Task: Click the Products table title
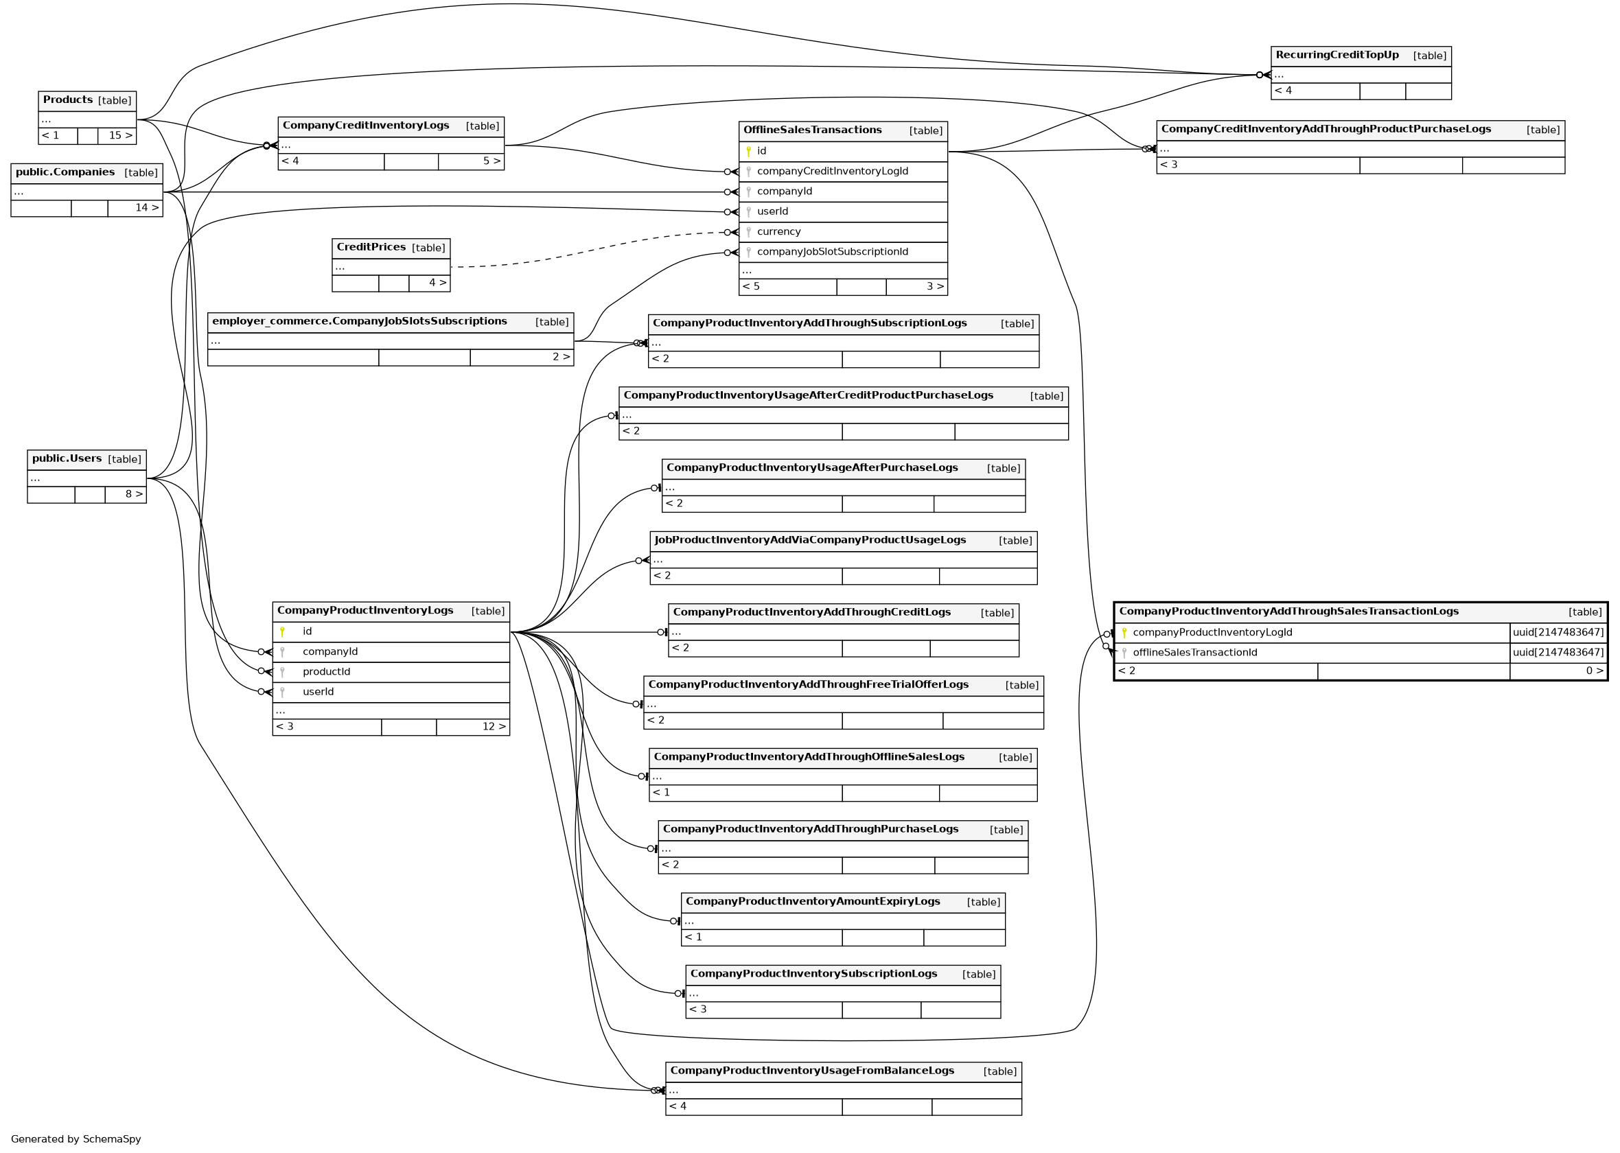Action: point(68,100)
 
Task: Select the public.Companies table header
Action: point(65,172)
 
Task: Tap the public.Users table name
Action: point(67,458)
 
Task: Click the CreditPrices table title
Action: point(371,247)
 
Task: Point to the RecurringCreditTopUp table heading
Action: point(1336,56)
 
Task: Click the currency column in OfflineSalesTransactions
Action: point(778,231)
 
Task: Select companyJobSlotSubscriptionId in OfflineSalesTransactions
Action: point(832,252)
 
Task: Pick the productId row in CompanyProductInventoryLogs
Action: point(326,672)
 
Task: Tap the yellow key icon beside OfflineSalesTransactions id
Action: point(748,150)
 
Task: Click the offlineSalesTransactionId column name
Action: point(1195,653)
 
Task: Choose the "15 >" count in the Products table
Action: point(120,136)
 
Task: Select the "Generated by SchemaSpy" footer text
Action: point(76,1139)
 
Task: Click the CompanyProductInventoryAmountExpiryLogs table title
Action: point(812,902)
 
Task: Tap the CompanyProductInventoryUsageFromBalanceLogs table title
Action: point(811,1071)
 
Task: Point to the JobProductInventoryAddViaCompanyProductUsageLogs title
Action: point(809,540)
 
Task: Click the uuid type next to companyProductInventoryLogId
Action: point(1558,633)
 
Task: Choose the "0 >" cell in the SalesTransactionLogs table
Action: point(1595,671)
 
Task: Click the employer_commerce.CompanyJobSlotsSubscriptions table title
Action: point(359,322)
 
